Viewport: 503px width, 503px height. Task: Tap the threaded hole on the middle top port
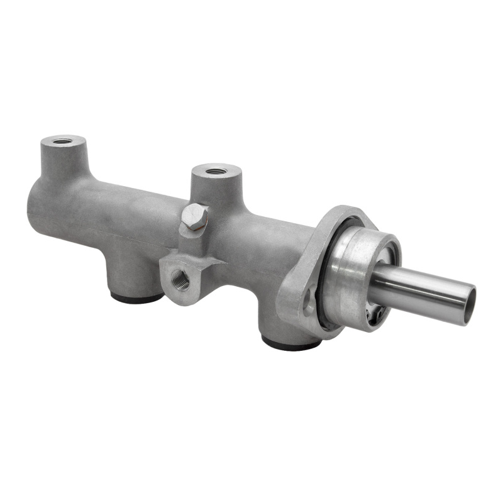(216, 170)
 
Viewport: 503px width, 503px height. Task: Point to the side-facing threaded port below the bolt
(180, 280)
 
